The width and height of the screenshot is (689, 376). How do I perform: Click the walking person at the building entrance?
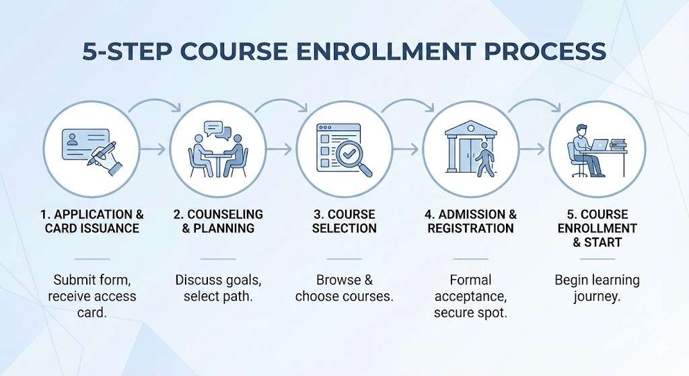tap(486, 159)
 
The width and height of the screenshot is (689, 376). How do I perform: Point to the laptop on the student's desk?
tap(599, 145)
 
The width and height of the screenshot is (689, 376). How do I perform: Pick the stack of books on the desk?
tap(618, 145)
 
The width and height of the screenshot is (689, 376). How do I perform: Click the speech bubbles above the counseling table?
tap(217, 130)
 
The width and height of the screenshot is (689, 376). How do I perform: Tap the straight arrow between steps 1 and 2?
tap(153, 149)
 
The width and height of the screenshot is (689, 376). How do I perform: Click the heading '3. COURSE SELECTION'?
tap(344, 221)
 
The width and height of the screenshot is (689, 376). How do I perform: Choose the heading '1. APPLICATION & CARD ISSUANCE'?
tap(92, 221)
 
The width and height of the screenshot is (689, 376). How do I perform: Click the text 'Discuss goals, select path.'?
tap(219, 288)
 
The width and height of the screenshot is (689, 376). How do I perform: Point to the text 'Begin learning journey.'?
tap(597, 288)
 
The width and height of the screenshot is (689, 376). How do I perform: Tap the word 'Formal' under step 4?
tap(470, 280)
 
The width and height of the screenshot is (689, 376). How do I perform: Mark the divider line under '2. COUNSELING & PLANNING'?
tap(219, 259)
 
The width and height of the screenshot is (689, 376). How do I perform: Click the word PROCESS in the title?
tap(545, 51)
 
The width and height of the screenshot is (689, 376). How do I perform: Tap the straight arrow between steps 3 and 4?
tap(406, 149)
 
